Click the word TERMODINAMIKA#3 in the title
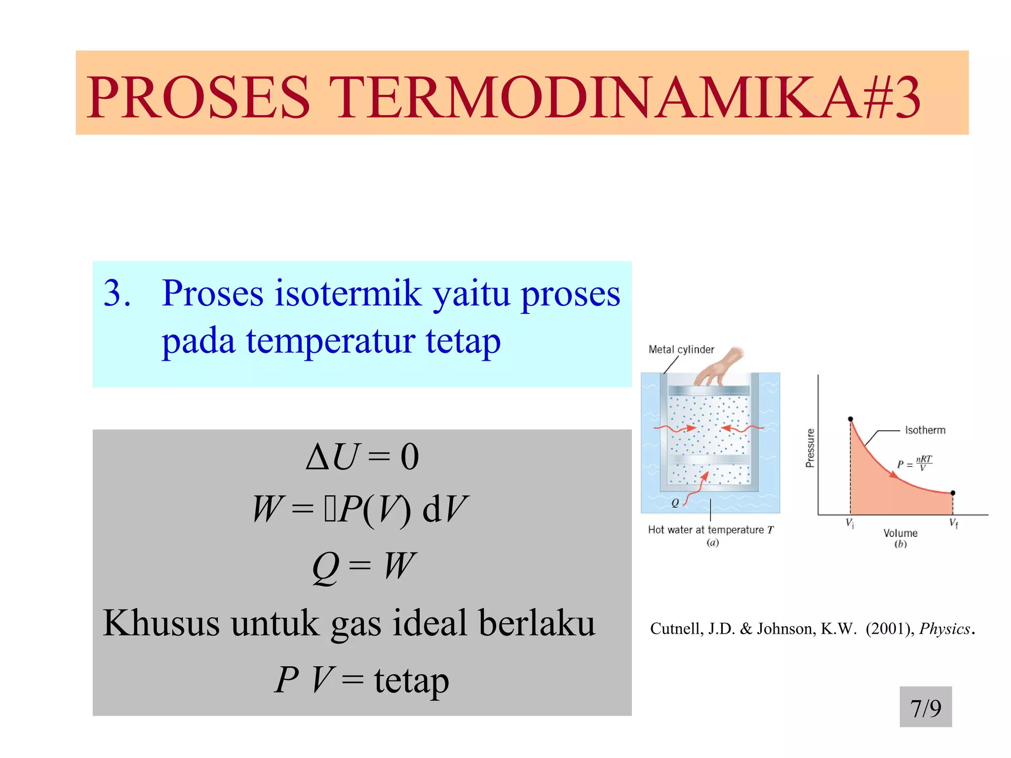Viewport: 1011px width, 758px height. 624,97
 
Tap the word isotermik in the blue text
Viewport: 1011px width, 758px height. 348,294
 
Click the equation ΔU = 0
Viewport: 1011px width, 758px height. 362,456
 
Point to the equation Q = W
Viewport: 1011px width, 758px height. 364,566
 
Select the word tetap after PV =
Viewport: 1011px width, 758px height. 411,681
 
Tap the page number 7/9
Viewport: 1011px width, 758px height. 926,708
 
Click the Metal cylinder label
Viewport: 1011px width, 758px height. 681,349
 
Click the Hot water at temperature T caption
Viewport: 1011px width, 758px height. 710,530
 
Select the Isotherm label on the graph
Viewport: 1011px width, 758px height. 925,430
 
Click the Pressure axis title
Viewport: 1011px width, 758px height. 810,448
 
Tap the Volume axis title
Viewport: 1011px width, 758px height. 900,533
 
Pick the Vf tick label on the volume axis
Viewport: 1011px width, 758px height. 954,524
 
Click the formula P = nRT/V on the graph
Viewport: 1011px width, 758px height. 914,464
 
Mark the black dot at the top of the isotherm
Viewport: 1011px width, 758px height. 851,419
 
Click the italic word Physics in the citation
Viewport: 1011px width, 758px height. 945,629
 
